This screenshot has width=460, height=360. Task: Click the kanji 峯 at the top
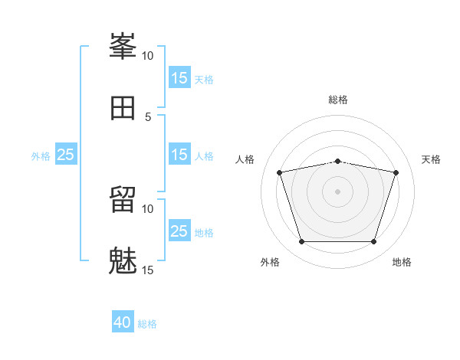[x=123, y=46]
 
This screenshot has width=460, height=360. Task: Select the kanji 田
[x=123, y=108]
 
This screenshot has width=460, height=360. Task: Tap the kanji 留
[x=123, y=199]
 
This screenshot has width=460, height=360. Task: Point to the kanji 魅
[x=123, y=260]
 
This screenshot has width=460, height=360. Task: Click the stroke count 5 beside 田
[x=148, y=117]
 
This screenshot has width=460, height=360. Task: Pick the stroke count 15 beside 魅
[x=147, y=270]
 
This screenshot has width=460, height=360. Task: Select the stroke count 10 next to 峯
[x=147, y=56]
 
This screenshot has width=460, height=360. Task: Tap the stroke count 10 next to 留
[x=147, y=209]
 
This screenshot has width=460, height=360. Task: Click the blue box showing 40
[x=123, y=321]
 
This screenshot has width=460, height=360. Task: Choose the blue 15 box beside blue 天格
[x=180, y=77]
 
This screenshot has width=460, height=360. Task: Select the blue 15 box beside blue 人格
[x=180, y=154]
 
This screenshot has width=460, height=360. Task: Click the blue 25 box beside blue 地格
[x=180, y=230]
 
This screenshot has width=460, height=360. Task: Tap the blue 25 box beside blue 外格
[x=66, y=154]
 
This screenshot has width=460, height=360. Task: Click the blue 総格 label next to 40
[x=147, y=324]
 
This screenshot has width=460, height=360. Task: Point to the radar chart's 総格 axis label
[x=338, y=100]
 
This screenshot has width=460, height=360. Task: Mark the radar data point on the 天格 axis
[x=396, y=172]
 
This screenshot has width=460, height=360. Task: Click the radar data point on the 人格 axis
[x=280, y=172]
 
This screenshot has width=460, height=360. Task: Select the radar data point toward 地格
[x=373, y=241]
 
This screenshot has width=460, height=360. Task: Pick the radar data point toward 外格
[x=302, y=241]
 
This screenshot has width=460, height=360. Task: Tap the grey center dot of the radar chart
[x=337, y=191]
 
